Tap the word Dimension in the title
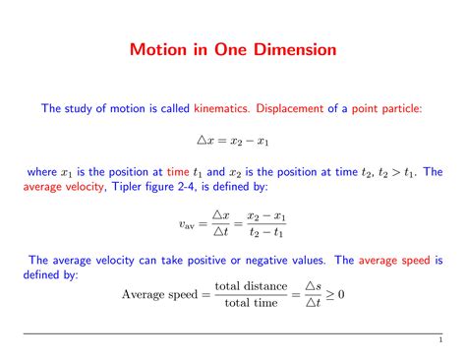click(x=290, y=49)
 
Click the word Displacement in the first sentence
click(x=294, y=108)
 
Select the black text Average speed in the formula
click(x=157, y=293)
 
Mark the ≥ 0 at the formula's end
click(x=343, y=293)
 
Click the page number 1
click(x=443, y=341)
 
